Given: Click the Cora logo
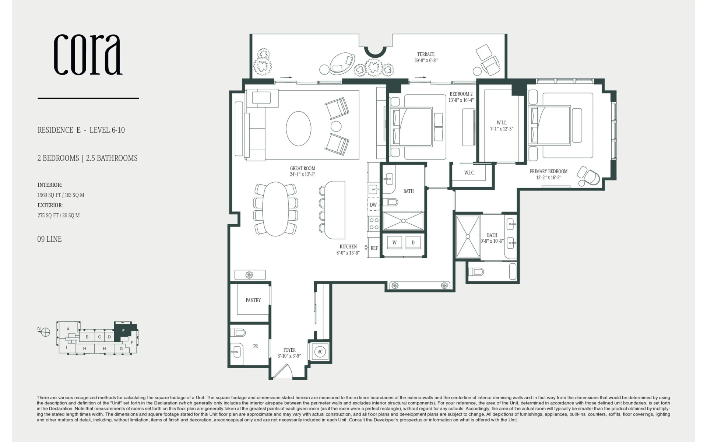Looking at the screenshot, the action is click(x=88, y=55).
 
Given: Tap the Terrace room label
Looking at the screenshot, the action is click(x=426, y=54).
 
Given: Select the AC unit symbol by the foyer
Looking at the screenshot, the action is click(x=320, y=352).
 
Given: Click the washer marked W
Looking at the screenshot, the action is click(x=394, y=242).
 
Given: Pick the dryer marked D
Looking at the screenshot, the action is click(x=413, y=242).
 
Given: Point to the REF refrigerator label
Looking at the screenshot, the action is click(x=374, y=248).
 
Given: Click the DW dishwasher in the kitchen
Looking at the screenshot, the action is click(x=373, y=205).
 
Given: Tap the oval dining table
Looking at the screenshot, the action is click(x=275, y=209).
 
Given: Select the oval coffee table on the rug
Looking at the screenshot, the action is click(x=299, y=129).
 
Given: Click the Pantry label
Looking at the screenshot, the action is click(x=253, y=300).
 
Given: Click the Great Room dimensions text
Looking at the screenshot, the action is click(x=302, y=174).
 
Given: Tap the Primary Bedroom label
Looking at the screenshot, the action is click(x=548, y=171).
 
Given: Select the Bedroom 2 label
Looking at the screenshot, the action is click(x=461, y=94).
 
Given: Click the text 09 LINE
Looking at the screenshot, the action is click(x=49, y=239).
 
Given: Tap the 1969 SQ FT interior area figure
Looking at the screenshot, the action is click(x=48, y=195).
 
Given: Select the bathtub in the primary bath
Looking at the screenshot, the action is click(x=513, y=272).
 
